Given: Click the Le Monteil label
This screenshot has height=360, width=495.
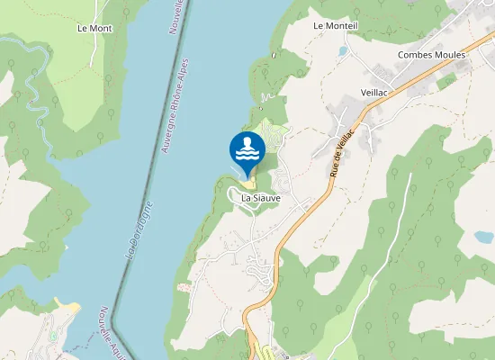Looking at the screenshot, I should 335,27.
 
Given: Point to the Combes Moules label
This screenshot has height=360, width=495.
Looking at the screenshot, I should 431,55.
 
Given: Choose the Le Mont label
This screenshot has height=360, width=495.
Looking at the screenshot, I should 94,29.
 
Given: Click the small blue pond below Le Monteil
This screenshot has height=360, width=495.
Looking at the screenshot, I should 342,51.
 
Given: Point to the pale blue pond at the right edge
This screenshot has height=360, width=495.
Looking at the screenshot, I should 484,238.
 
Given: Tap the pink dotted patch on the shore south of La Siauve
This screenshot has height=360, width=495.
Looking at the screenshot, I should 184,288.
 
